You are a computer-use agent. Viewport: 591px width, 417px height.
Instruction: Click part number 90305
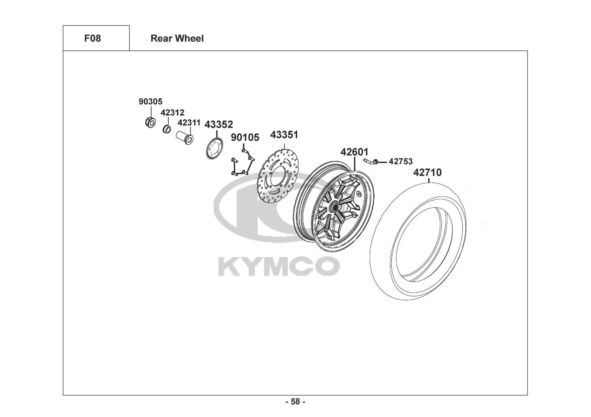click(150, 101)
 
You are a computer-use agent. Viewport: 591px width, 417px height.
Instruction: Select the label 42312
click(172, 113)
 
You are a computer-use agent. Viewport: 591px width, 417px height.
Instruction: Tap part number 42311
click(189, 123)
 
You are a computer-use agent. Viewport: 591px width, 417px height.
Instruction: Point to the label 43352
click(219, 124)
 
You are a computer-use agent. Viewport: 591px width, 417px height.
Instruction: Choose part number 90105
click(245, 137)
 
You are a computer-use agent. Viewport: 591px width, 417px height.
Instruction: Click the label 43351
click(284, 135)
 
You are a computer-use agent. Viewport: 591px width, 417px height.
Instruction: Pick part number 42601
click(355, 152)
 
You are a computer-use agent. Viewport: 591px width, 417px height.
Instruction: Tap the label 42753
click(401, 161)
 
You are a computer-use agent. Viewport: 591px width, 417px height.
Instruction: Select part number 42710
click(427, 172)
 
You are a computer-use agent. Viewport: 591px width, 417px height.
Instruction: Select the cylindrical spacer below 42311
click(184, 137)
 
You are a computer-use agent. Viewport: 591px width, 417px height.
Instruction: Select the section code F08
click(93, 38)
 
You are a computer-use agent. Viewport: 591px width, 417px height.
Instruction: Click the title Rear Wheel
click(177, 38)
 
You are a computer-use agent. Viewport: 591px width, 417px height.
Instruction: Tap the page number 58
click(295, 402)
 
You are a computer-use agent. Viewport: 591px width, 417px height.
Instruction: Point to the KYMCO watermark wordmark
click(278, 266)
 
